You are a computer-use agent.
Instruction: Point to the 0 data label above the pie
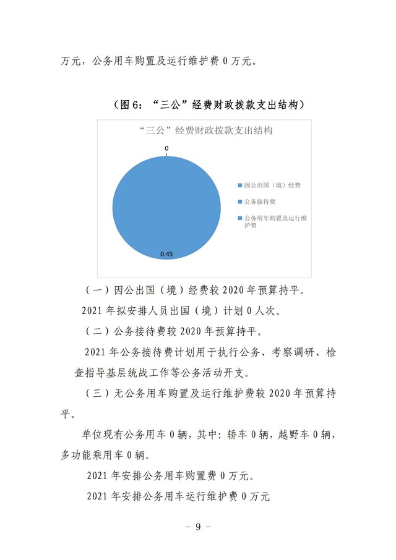[x=166, y=148]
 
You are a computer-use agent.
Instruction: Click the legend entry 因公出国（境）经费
[x=272, y=185]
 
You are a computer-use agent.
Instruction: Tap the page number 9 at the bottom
[x=198, y=527]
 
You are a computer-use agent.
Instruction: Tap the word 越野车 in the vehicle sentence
[x=295, y=435]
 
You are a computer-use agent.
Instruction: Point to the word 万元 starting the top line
[x=72, y=62]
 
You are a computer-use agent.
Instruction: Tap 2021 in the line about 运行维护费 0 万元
[x=97, y=496]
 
